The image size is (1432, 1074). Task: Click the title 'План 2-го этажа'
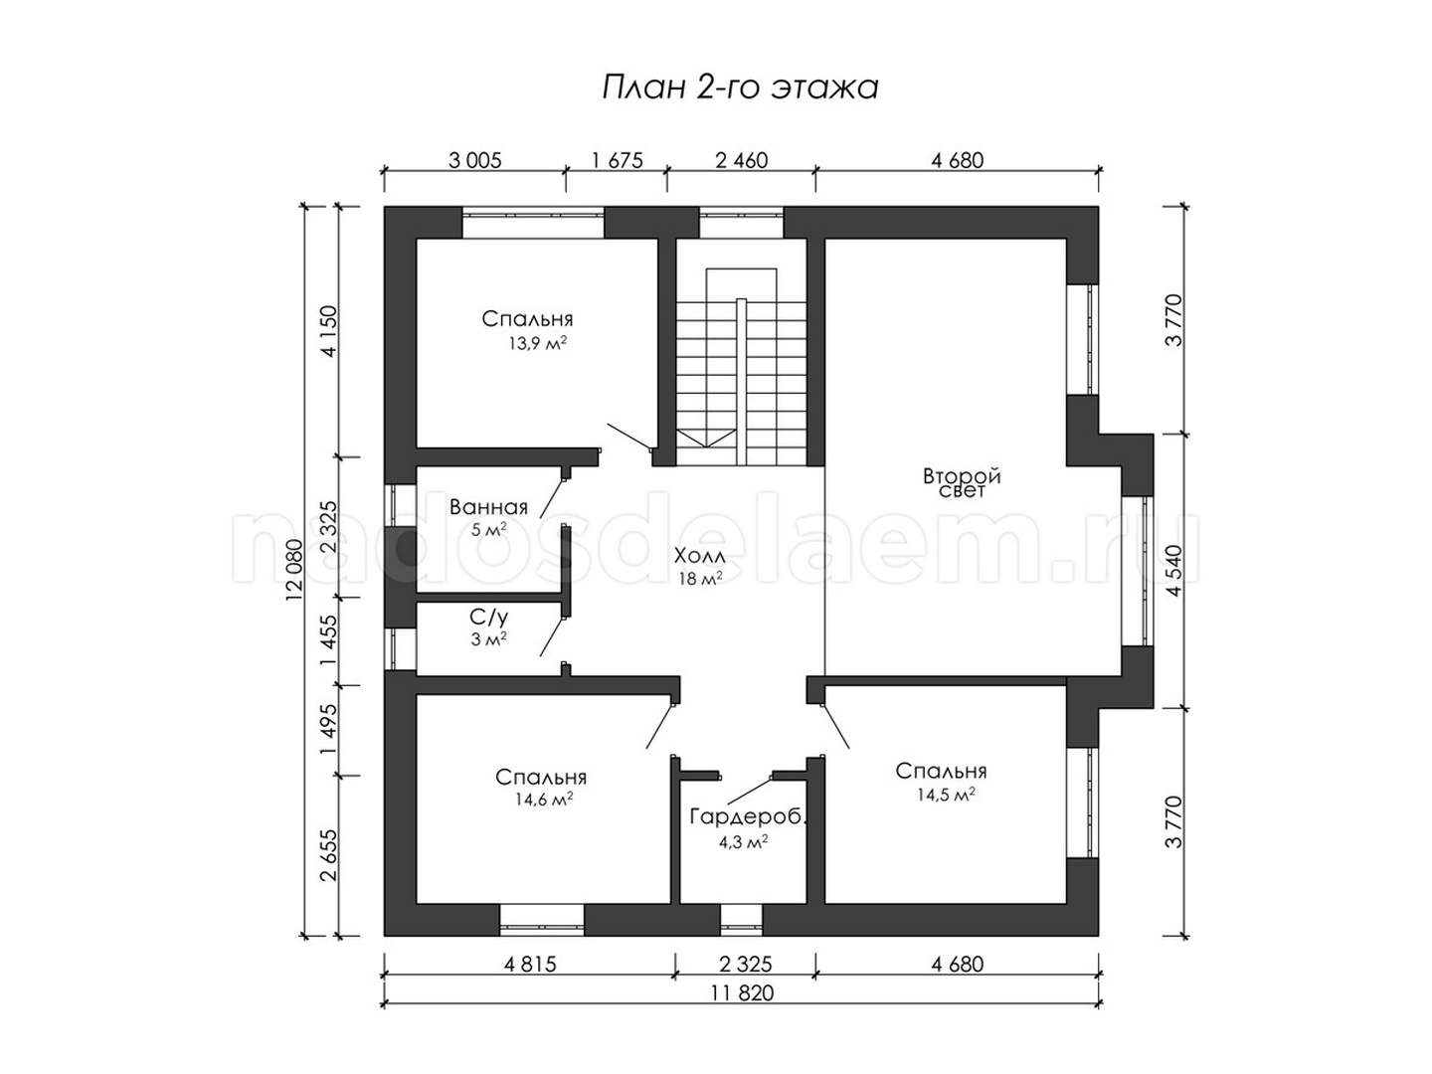pyautogui.click(x=739, y=88)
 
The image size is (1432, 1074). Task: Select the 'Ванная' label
pyautogui.click(x=488, y=507)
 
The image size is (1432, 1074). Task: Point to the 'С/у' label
pyautogui.click(x=488, y=617)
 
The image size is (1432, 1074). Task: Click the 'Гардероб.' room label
pyautogui.click(x=748, y=816)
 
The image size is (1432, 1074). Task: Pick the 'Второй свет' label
pyautogui.click(x=961, y=483)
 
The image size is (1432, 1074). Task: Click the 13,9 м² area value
pyautogui.click(x=537, y=344)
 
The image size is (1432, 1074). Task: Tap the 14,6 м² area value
pyautogui.click(x=544, y=799)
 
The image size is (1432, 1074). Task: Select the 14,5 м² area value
pyautogui.click(x=946, y=795)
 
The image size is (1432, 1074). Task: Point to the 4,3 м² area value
pyautogui.click(x=743, y=842)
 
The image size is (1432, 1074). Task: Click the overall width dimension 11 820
pyautogui.click(x=742, y=992)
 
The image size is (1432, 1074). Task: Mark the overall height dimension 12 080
pyautogui.click(x=294, y=570)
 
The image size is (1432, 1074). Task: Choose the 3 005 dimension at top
pyautogui.click(x=475, y=160)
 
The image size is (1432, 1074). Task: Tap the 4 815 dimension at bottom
pyautogui.click(x=530, y=964)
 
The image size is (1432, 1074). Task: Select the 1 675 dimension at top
pyautogui.click(x=618, y=160)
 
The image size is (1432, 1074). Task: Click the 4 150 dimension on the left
pyautogui.click(x=328, y=330)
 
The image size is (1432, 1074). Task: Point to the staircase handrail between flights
pyautogui.click(x=741, y=382)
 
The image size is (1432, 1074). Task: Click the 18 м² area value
pyautogui.click(x=699, y=578)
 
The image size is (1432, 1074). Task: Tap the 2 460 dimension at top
pyautogui.click(x=741, y=160)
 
